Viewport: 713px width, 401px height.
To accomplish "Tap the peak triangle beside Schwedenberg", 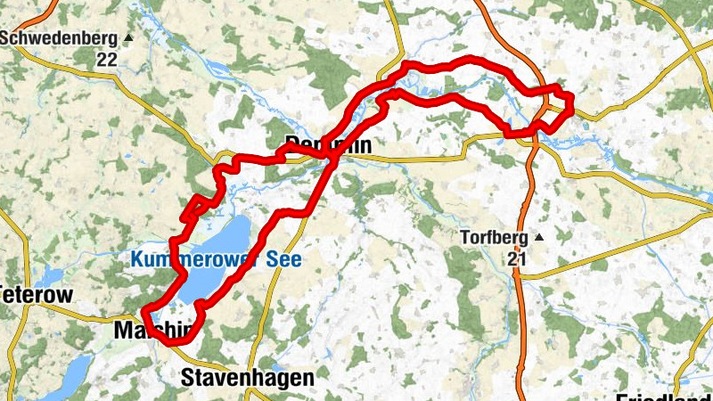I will click(x=128, y=38).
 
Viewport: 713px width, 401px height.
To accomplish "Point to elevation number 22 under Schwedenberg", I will click(x=107, y=60).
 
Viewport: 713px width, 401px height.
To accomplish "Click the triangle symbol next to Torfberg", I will click(x=538, y=238).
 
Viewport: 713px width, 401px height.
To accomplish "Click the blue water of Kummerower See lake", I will click(x=223, y=241).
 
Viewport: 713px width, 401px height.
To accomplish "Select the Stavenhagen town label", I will click(x=247, y=378).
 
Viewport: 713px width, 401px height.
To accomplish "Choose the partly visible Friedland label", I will click(x=664, y=395).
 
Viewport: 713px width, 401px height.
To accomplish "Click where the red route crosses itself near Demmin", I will click(x=332, y=160).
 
